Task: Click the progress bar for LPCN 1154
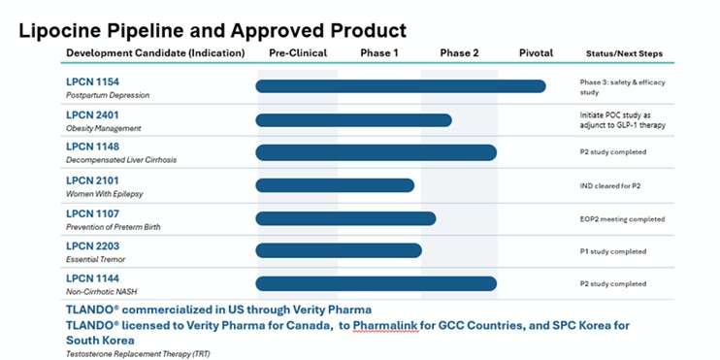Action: click(401, 86)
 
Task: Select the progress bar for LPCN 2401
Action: click(353, 120)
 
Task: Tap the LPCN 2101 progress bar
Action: click(335, 185)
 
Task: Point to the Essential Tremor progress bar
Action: click(339, 250)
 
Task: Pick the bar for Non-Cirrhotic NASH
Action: click(376, 283)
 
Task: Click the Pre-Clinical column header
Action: click(298, 52)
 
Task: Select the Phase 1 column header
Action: click(379, 52)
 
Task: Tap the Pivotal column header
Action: click(536, 52)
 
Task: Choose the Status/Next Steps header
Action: click(624, 53)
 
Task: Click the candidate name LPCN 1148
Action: click(92, 147)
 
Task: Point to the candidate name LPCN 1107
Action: click(92, 213)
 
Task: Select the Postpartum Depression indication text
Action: click(108, 95)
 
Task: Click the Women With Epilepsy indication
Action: click(104, 194)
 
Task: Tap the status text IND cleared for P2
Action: click(610, 186)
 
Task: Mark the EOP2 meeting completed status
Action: click(622, 219)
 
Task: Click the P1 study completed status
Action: click(613, 251)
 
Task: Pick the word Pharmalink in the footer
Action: click(386, 326)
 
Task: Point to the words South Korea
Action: click(100, 341)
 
